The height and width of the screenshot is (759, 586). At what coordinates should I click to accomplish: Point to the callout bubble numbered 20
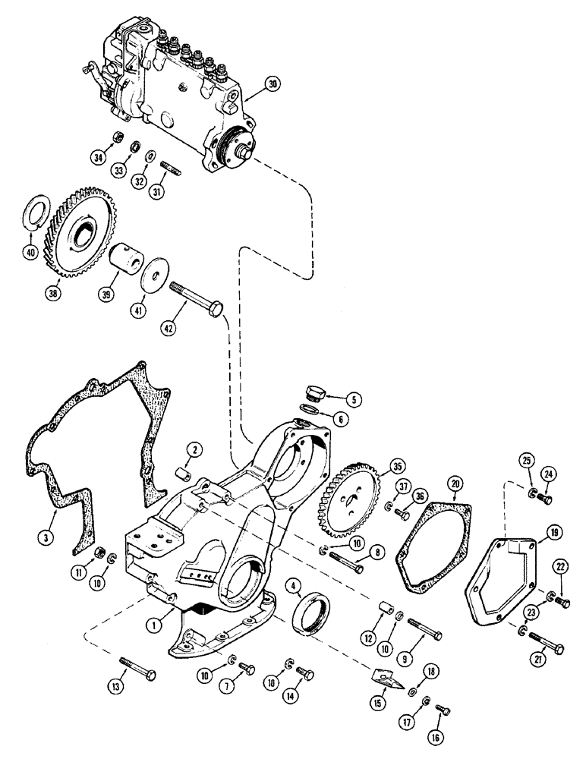tap(455, 483)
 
